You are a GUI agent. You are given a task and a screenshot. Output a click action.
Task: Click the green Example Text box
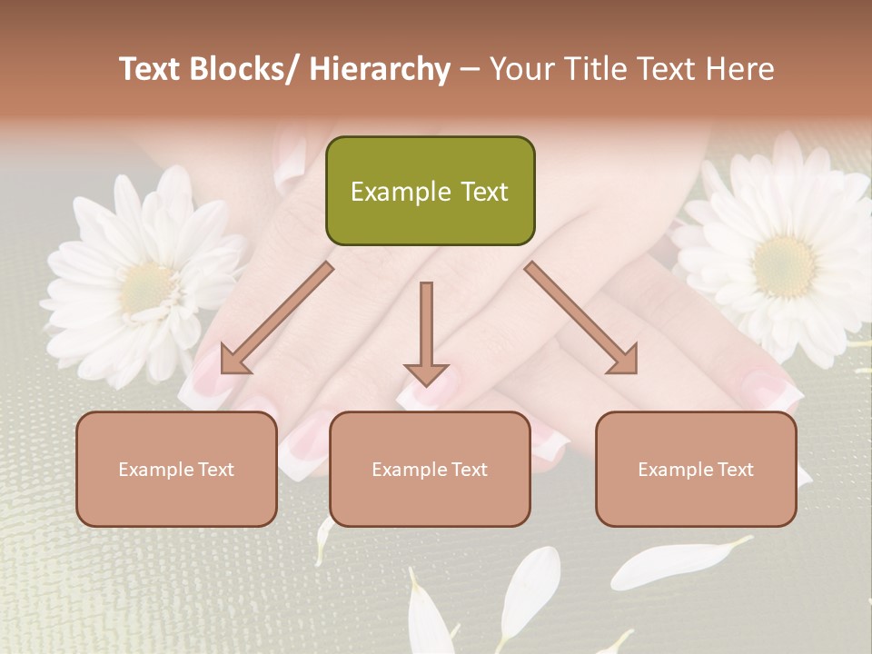click(x=430, y=191)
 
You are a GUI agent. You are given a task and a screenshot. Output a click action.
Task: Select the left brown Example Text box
click(x=176, y=469)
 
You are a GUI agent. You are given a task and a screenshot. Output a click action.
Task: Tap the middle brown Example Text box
click(x=430, y=469)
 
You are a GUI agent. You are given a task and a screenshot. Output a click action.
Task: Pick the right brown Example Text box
click(x=696, y=469)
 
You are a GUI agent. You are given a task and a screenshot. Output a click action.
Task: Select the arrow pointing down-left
click(x=276, y=318)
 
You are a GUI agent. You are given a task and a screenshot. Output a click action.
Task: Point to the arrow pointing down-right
click(x=581, y=318)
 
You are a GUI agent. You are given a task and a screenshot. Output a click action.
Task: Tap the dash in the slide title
click(x=470, y=69)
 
